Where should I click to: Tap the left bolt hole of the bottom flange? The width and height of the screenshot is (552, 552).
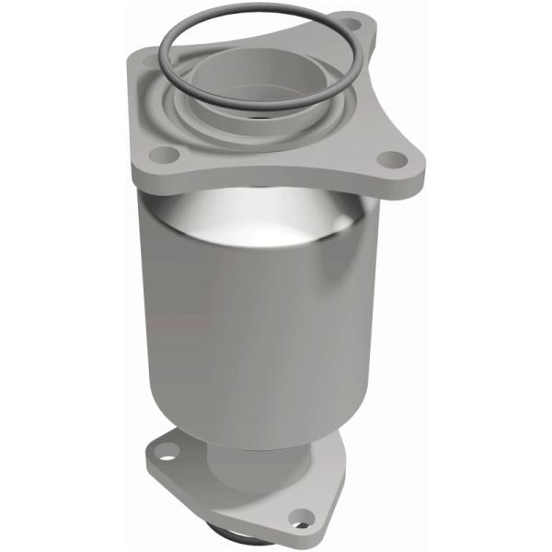tap(163, 453)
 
